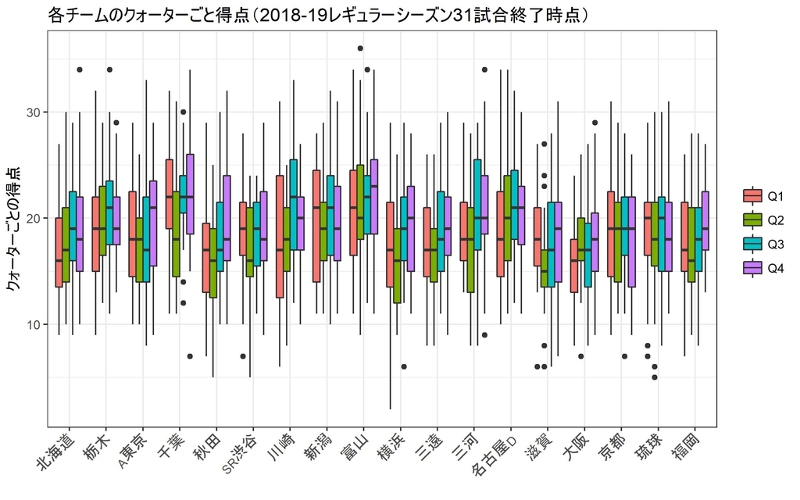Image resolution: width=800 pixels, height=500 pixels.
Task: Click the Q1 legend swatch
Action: [752, 195]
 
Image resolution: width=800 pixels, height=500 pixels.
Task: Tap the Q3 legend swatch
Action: [752, 244]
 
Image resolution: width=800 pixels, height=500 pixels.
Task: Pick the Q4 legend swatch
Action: [752, 268]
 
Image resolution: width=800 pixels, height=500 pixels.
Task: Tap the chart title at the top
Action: [318, 15]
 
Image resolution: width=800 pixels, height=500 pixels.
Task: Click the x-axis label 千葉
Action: [171, 445]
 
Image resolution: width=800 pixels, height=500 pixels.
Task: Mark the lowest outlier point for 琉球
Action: [655, 377]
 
